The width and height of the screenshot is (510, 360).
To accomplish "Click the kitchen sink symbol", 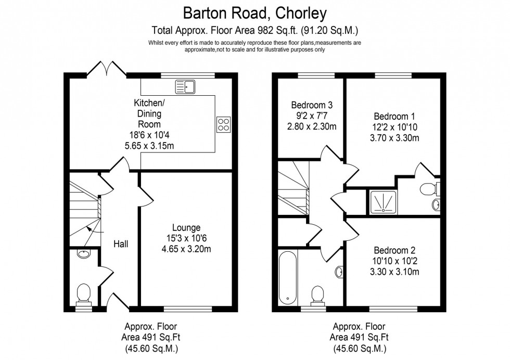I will point(185,87).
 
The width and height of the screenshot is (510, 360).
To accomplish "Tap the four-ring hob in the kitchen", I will point(223,124).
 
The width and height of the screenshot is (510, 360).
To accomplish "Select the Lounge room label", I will point(187,227).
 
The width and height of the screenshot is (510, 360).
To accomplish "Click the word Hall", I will point(121,243).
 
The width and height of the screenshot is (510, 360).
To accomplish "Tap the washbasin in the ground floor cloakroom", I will point(83,254).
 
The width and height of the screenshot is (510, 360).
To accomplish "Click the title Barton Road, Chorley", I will point(254,11).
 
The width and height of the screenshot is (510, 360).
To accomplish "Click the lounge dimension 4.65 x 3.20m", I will point(187,249).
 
